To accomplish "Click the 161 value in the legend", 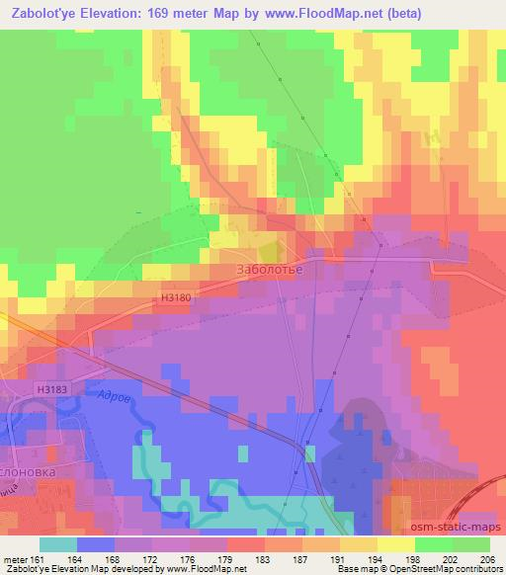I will coord(41,559).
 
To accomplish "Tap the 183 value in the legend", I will coord(262,559).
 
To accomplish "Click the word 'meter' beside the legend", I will coord(15,559).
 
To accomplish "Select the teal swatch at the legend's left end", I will coord(58,544).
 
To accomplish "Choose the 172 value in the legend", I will coord(151,559).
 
